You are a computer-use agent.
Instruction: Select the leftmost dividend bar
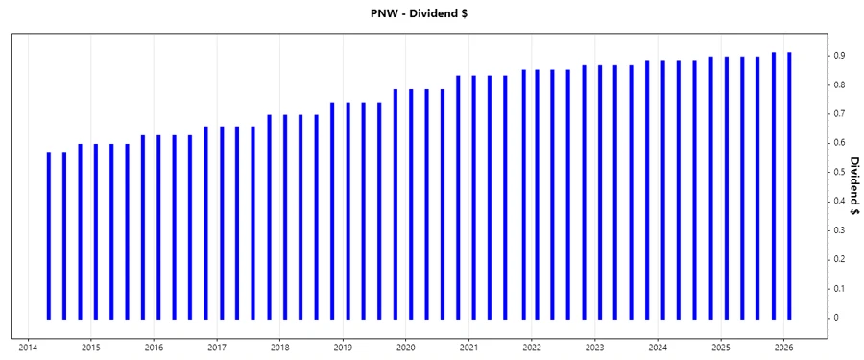(x=49, y=235)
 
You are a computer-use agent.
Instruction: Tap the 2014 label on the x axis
(x=28, y=348)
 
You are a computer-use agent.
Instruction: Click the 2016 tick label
(x=154, y=348)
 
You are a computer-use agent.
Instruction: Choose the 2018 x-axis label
(x=279, y=348)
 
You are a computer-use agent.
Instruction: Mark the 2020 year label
(x=406, y=348)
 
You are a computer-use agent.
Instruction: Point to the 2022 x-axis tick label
(x=532, y=348)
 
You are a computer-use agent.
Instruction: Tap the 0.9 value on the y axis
(x=838, y=56)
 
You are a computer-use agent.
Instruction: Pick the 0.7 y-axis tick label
(x=838, y=113)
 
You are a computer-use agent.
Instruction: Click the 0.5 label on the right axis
(x=838, y=172)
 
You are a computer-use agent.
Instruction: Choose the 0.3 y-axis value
(x=838, y=230)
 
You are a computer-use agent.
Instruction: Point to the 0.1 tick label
(x=838, y=288)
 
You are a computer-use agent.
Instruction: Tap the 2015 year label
(x=90, y=348)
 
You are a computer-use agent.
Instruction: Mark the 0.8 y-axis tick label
(x=838, y=84)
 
